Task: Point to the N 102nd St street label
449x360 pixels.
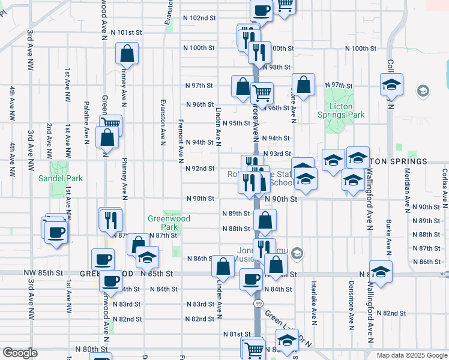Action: pos(199,18)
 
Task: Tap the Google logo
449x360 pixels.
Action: pos(20,353)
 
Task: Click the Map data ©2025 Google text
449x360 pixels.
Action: pos(411,355)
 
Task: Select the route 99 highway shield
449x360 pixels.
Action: pos(258,304)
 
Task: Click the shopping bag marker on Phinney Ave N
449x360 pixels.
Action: pos(127,54)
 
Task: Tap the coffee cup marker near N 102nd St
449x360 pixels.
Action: pos(261,10)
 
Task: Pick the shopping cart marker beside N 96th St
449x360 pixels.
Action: pos(262,93)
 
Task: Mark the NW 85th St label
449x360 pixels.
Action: pos(43,273)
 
